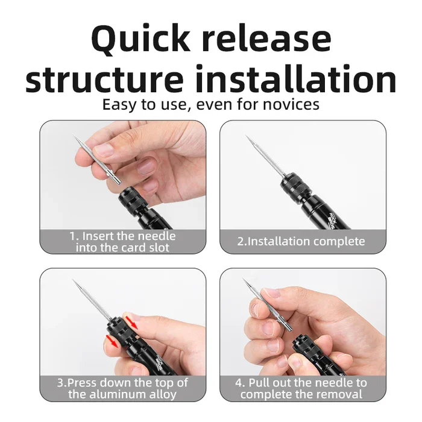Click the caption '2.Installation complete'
click(x=301, y=241)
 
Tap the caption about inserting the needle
click(x=122, y=241)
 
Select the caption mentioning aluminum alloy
click(x=122, y=389)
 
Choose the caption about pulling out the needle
click(x=301, y=389)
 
